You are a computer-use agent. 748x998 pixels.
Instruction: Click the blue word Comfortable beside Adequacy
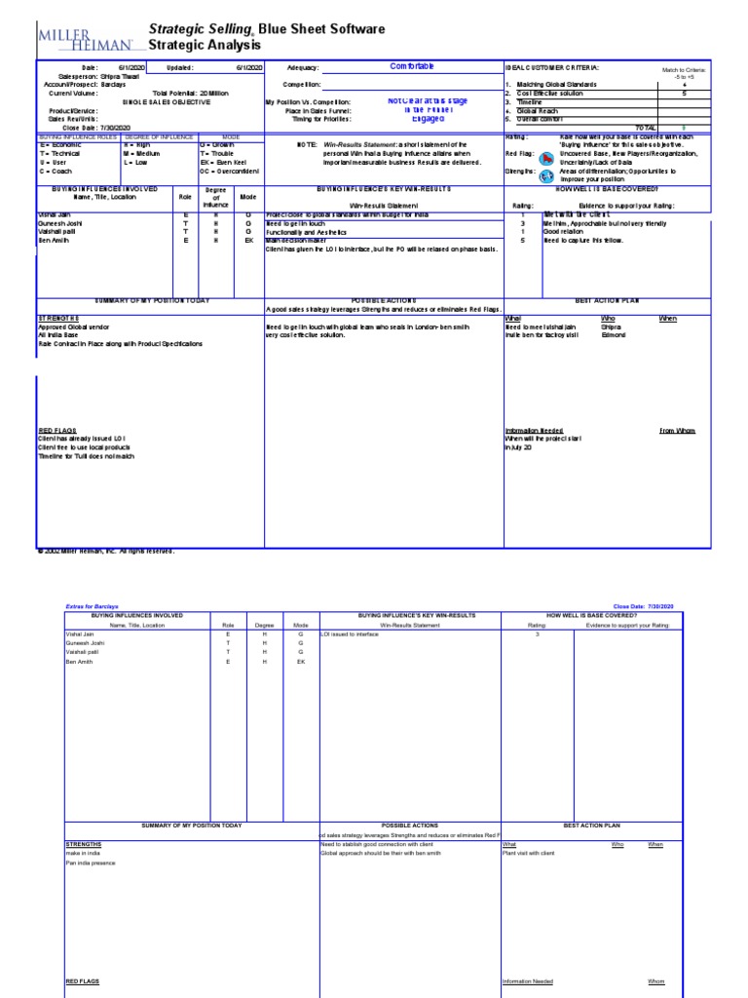click(x=412, y=66)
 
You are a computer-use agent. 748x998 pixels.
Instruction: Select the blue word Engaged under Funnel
click(x=429, y=119)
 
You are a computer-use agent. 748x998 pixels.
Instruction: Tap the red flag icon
click(x=547, y=155)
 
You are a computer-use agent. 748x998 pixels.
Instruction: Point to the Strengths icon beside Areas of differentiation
click(x=547, y=173)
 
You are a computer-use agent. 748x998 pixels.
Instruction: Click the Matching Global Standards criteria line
click(x=550, y=85)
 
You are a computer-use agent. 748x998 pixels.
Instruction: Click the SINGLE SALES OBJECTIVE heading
click(x=161, y=101)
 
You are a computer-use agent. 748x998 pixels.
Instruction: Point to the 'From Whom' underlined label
click(x=677, y=431)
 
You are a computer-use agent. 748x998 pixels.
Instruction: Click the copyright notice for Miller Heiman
click(x=105, y=551)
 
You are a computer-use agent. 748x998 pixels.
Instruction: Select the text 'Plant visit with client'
click(x=530, y=853)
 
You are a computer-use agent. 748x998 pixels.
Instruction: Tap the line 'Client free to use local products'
click(x=88, y=447)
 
